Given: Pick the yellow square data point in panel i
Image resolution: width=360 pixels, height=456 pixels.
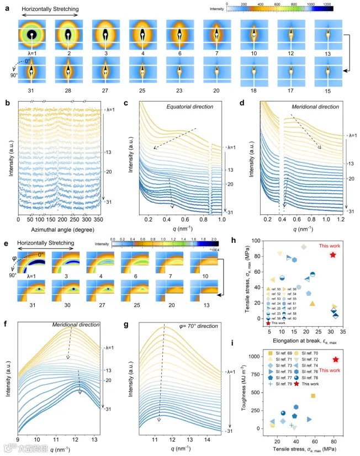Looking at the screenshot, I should (x=313, y=396).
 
